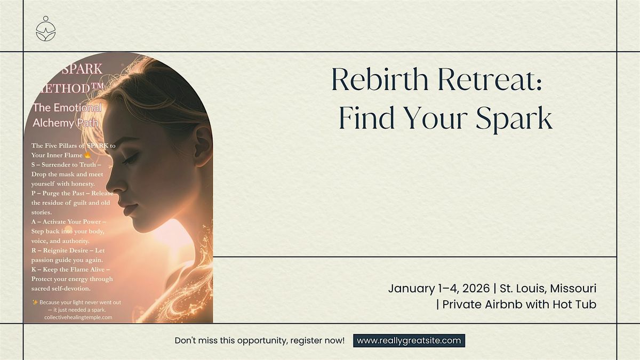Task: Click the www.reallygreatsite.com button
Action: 409,341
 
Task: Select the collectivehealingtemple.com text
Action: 78,317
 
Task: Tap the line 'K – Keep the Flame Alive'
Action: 70,270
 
